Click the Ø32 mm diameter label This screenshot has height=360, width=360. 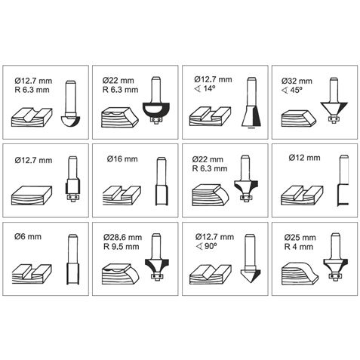coord(297,82)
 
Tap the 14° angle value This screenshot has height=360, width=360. coord(209,88)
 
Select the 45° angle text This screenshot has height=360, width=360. coord(296,90)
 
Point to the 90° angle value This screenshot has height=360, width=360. coord(211,246)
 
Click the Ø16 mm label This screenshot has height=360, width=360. coord(122,159)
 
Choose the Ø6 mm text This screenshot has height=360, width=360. coord(28,236)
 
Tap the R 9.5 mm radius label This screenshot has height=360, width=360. coord(121,247)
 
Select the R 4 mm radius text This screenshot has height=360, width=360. coord(299,247)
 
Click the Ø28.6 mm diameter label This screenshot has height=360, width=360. coord(122,237)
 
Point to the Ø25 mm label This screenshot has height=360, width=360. coord(300,237)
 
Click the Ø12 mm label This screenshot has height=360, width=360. coord(304,158)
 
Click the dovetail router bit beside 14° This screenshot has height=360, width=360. coord(251,103)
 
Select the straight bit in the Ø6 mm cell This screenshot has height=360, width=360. coord(72,260)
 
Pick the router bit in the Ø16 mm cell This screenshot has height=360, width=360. coord(162,181)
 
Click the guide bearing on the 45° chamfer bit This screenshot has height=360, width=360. coord(334,118)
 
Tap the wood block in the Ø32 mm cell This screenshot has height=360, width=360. coord(299,118)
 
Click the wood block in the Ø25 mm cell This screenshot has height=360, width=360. coord(300,272)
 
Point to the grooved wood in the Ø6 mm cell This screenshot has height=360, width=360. coord(32,274)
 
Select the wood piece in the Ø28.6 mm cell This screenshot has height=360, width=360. coord(121,274)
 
